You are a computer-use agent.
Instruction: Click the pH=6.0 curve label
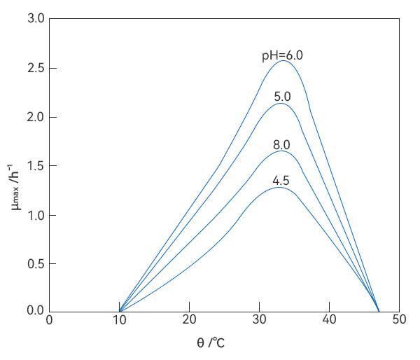coord(282,55)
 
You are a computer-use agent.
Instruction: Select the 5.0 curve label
coord(281,97)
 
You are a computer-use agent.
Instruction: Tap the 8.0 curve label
coord(281,145)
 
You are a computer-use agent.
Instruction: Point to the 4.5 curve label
coord(281,181)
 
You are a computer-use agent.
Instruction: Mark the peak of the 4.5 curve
coord(279,187)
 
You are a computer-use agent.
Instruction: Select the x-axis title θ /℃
coord(211,343)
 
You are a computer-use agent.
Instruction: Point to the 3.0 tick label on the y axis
coord(36,19)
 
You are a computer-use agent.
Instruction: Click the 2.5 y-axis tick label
coord(36,68)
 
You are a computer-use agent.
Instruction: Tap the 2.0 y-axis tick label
coord(36,117)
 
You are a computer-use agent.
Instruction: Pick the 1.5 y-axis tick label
coord(36,166)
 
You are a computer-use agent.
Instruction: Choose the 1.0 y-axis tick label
coord(36,215)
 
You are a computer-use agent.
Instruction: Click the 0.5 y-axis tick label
coord(36,264)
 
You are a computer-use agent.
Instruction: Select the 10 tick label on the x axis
coord(119,321)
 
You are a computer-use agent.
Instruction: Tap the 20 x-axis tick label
coord(189,321)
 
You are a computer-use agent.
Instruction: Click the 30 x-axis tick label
coord(259,321)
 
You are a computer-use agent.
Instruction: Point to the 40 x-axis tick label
coord(329,321)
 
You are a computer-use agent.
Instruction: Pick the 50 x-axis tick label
coord(398,321)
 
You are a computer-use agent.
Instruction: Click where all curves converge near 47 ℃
coord(379,311)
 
